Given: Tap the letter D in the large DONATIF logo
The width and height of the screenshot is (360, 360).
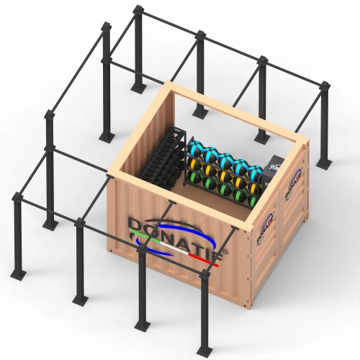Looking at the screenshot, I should click(138, 224).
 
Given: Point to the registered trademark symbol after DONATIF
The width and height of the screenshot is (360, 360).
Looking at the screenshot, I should click(225, 253).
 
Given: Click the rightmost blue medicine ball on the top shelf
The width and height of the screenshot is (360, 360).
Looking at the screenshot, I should click(253, 172).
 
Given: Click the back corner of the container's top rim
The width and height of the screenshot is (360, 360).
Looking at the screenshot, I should click(171, 86).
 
